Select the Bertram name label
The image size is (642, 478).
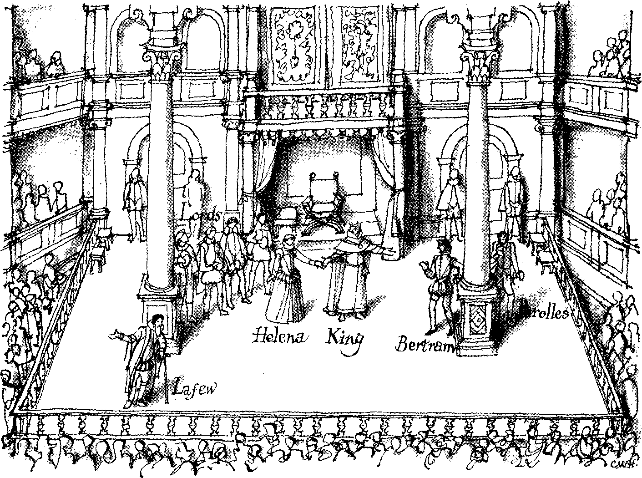click(425, 344)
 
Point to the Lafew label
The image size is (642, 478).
click(195, 388)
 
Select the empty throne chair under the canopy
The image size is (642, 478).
click(323, 200)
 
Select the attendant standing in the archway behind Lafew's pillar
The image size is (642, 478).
click(135, 200)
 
